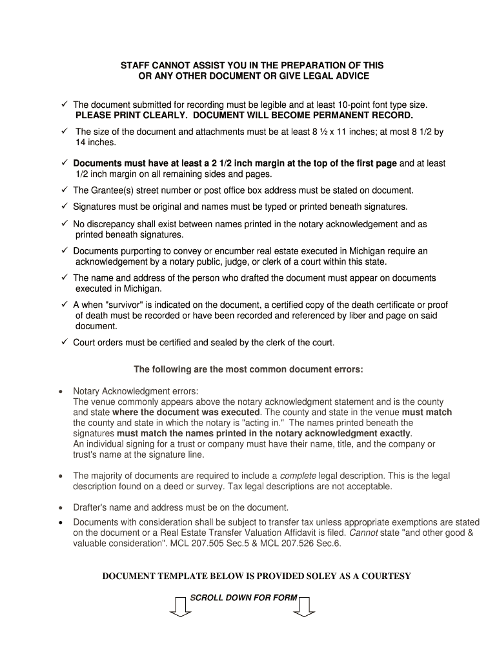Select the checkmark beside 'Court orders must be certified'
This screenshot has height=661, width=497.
point(65,342)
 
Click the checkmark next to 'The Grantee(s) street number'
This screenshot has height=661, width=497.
point(65,190)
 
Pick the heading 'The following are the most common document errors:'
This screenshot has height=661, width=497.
point(248,370)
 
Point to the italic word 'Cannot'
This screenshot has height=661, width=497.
point(363,533)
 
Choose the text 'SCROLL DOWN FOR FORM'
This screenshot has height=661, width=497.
point(243,598)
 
